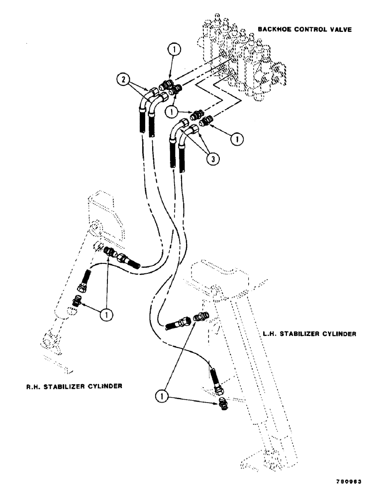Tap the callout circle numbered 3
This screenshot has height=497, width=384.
[x=212, y=160]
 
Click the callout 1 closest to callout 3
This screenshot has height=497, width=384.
[x=237, y=141]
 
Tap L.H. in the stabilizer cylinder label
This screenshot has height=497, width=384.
[x=270, y=334]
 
